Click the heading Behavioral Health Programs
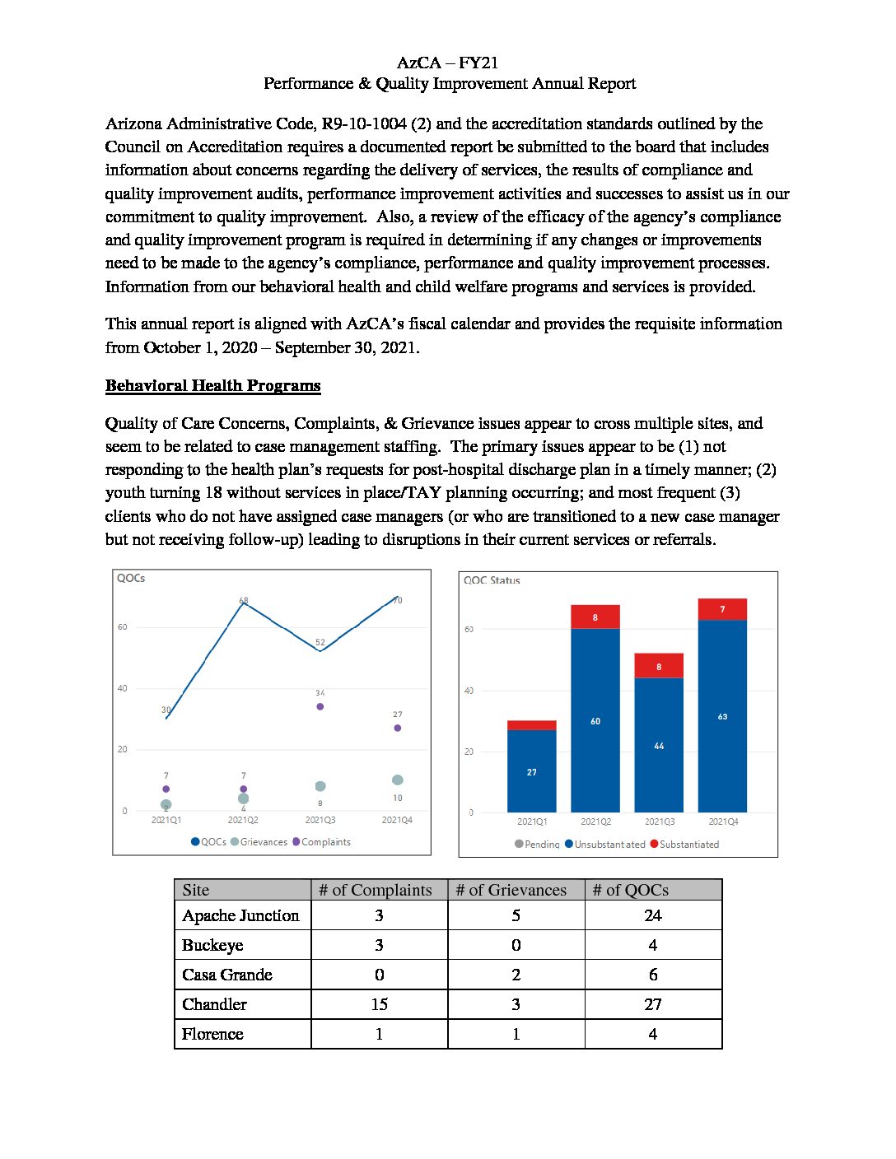(212, 385)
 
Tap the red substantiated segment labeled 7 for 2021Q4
(722, 609)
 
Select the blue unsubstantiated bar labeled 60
(595, 720)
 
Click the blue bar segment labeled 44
(659, 745)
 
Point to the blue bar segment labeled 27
(531, 771)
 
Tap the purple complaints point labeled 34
(320, 706)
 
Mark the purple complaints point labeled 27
(398, 728)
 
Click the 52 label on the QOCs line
(320, 642)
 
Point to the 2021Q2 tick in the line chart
(243, 820)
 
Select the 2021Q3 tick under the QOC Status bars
(659, 822)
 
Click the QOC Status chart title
(492, 580)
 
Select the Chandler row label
(214, 1004)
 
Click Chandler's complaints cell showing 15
(379, 1004)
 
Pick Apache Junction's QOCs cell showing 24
(653, 915)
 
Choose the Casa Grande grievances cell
(516, 975)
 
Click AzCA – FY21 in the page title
(447, 63)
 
